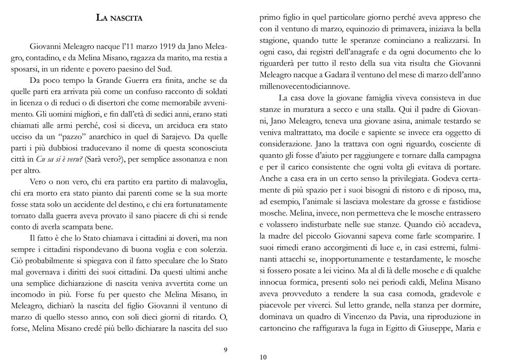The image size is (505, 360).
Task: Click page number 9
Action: click(x=225, y=350)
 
